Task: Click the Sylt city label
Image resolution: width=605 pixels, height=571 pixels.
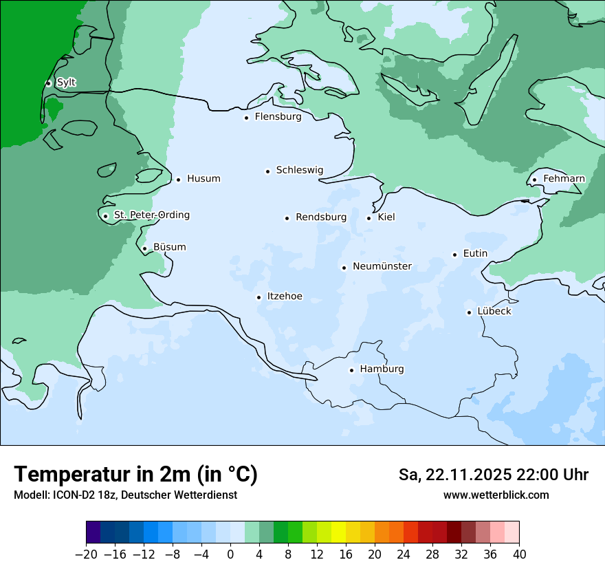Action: (x=66, y=83)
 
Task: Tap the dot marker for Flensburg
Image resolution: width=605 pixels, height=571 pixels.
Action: (x=246, y=118)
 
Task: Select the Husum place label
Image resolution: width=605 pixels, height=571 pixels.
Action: (x=203, y=179)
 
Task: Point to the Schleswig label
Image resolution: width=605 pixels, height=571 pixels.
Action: (x=299, y=171)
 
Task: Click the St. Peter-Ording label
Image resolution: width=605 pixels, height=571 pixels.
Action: (x=151, y=215)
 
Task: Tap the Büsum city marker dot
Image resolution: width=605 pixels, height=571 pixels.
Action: (x=144, y=248)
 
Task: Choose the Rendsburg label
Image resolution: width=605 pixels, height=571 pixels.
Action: (x=321, y=217)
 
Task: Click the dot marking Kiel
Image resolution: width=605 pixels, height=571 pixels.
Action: (x=369, y=218)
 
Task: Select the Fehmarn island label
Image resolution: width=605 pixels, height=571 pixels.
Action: (x=564, y=179)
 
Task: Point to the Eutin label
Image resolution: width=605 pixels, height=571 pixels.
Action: (x=475, y=254)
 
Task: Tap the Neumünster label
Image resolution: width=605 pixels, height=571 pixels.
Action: (x=382, y=266)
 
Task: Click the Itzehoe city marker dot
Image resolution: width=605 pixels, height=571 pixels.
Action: (x=258, y=297)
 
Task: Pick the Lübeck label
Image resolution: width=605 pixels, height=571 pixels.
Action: (x=494, y=312)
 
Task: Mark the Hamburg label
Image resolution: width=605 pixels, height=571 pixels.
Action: (x=382, y=369)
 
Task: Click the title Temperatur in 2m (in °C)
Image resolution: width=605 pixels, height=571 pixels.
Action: (x=136, y=475)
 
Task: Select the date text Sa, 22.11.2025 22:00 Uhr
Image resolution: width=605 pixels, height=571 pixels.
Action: (x=493, y=475)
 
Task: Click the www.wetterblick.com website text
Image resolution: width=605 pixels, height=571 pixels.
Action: (x=496, y=495)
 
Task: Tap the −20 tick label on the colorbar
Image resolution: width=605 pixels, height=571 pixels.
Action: (x=87, y=554)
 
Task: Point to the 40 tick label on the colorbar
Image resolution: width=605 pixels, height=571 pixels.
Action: (x=519, y=554)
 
